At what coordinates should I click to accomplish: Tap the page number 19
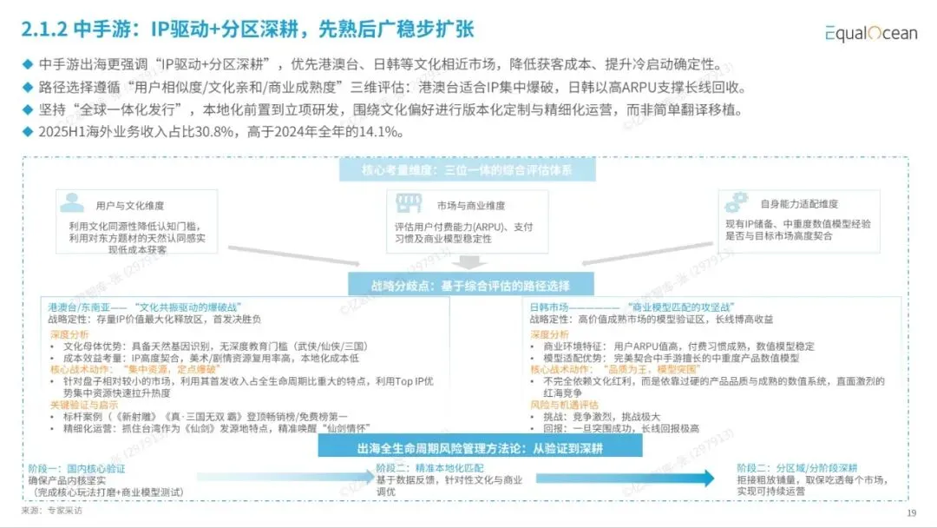point(911,513)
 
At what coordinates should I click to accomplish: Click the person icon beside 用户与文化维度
point(73,204)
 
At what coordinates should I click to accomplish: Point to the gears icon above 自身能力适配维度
point(737,202)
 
